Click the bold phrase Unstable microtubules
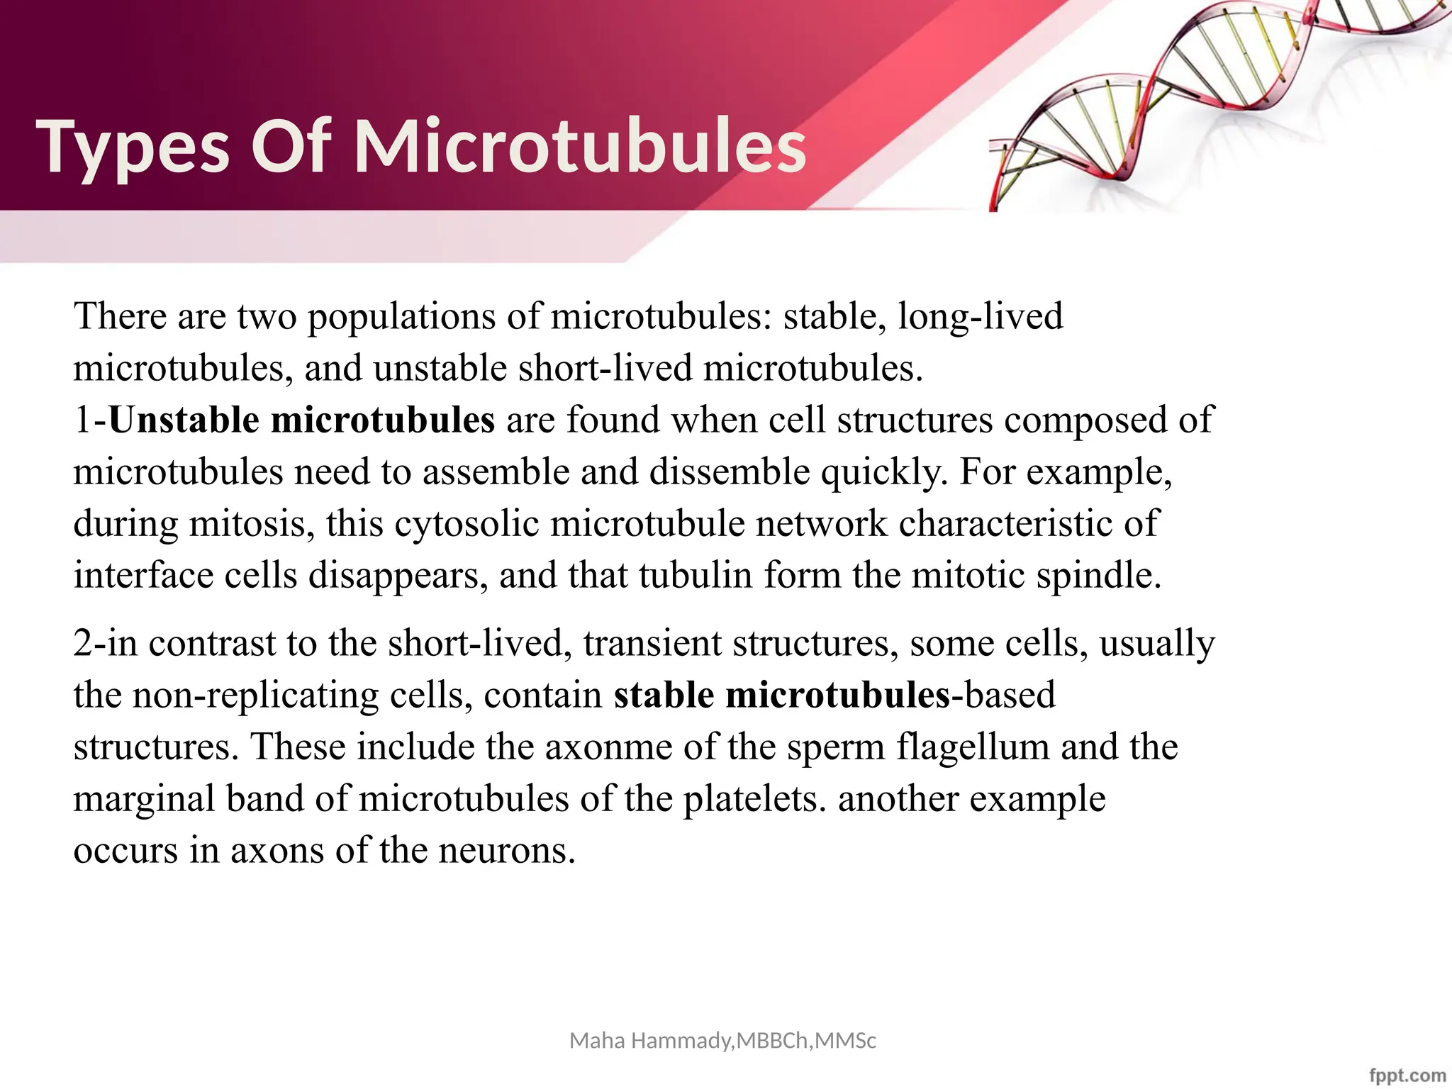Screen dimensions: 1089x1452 (301, 420)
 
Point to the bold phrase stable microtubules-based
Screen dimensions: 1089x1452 (834, 695)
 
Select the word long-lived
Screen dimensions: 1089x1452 (980, 316)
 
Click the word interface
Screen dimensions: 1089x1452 (143, 576)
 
